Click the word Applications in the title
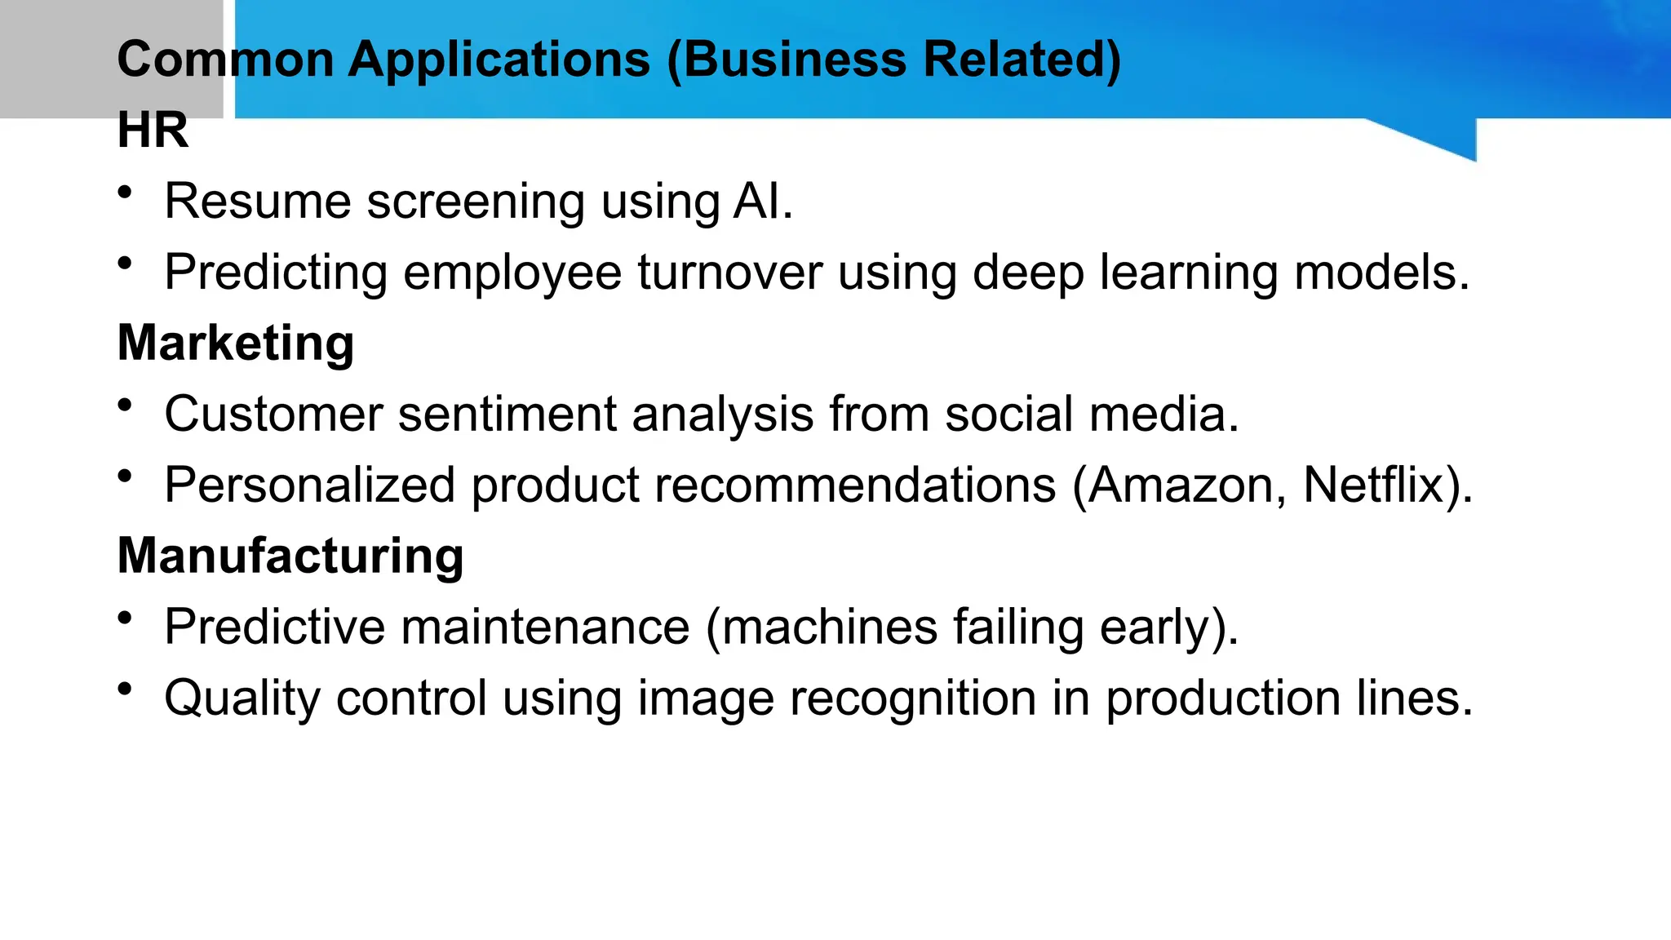click(x=499, y=60)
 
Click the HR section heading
click(x=153, y=130)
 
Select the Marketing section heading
click(x=236, y=343)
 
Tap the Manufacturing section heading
click(x=290, y=556)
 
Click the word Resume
click(x=257, y=202)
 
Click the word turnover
click(x=729, y=273)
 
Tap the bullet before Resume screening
click(x=125, y=193)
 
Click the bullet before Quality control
click(x=125, y=689)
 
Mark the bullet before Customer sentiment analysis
click(x=125, y=406)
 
